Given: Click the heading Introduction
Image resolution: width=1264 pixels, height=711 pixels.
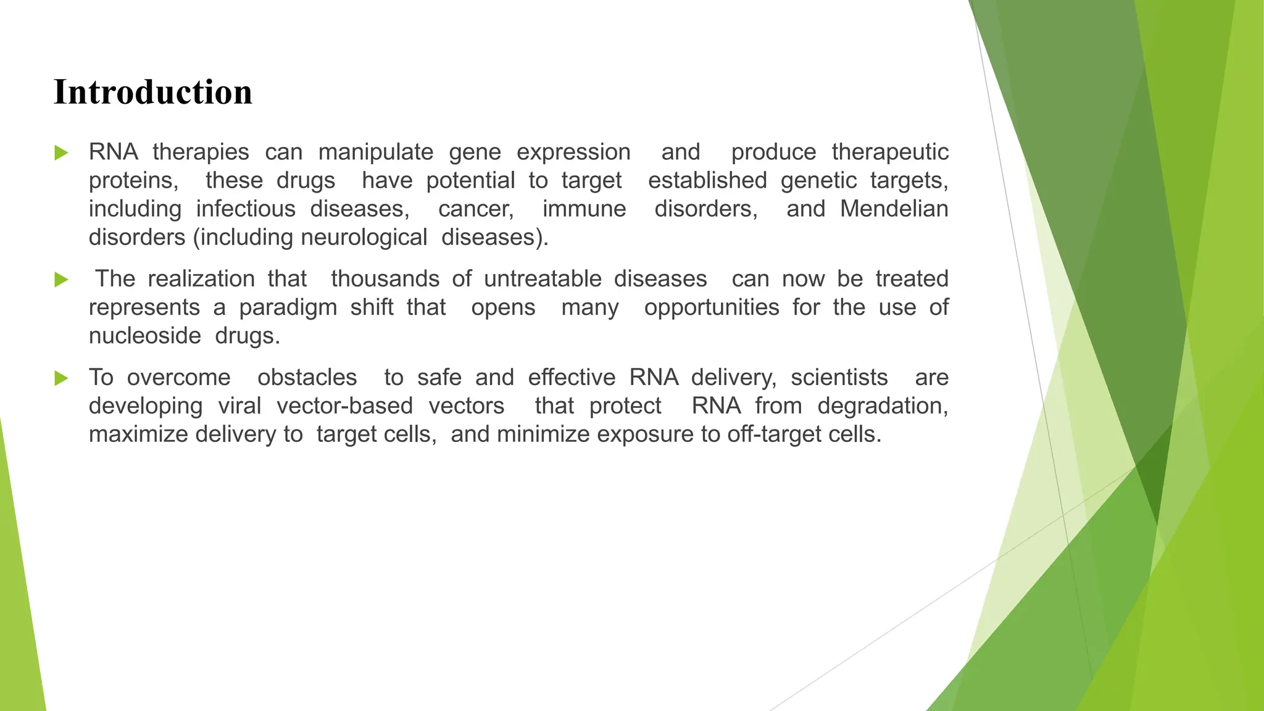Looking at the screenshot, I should [153, 93].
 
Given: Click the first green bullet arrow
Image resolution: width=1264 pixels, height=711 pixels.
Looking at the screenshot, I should [61, 152].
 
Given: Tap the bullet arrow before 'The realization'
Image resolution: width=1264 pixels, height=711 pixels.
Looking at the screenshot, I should [61, 280].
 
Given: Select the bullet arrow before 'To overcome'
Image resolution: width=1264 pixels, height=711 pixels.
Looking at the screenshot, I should [61, 378].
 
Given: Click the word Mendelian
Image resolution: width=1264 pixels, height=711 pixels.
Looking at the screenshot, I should [894, 209].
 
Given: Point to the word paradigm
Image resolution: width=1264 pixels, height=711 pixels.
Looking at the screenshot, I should [288, 307].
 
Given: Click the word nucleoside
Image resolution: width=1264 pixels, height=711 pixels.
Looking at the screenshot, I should [145, 336].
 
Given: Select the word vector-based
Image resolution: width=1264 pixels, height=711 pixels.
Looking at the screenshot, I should [344, 406].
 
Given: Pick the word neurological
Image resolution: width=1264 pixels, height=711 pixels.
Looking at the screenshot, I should [364, 237].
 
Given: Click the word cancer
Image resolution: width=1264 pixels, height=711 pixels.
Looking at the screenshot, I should [475, 209].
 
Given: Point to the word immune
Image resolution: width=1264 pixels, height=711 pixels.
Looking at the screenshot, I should [584, 209].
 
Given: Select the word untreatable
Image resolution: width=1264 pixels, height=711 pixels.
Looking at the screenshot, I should [543, 279].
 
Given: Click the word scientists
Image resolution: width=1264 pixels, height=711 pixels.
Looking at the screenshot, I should [839, 378].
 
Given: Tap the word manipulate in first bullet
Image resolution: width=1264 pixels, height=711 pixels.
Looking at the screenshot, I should [375, 152].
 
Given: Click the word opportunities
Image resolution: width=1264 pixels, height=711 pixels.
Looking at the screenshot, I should [712, 307].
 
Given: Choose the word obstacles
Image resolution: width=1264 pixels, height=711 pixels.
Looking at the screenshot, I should [307, 378].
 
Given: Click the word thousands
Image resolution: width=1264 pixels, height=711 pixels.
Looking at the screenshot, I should [385, 279].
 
